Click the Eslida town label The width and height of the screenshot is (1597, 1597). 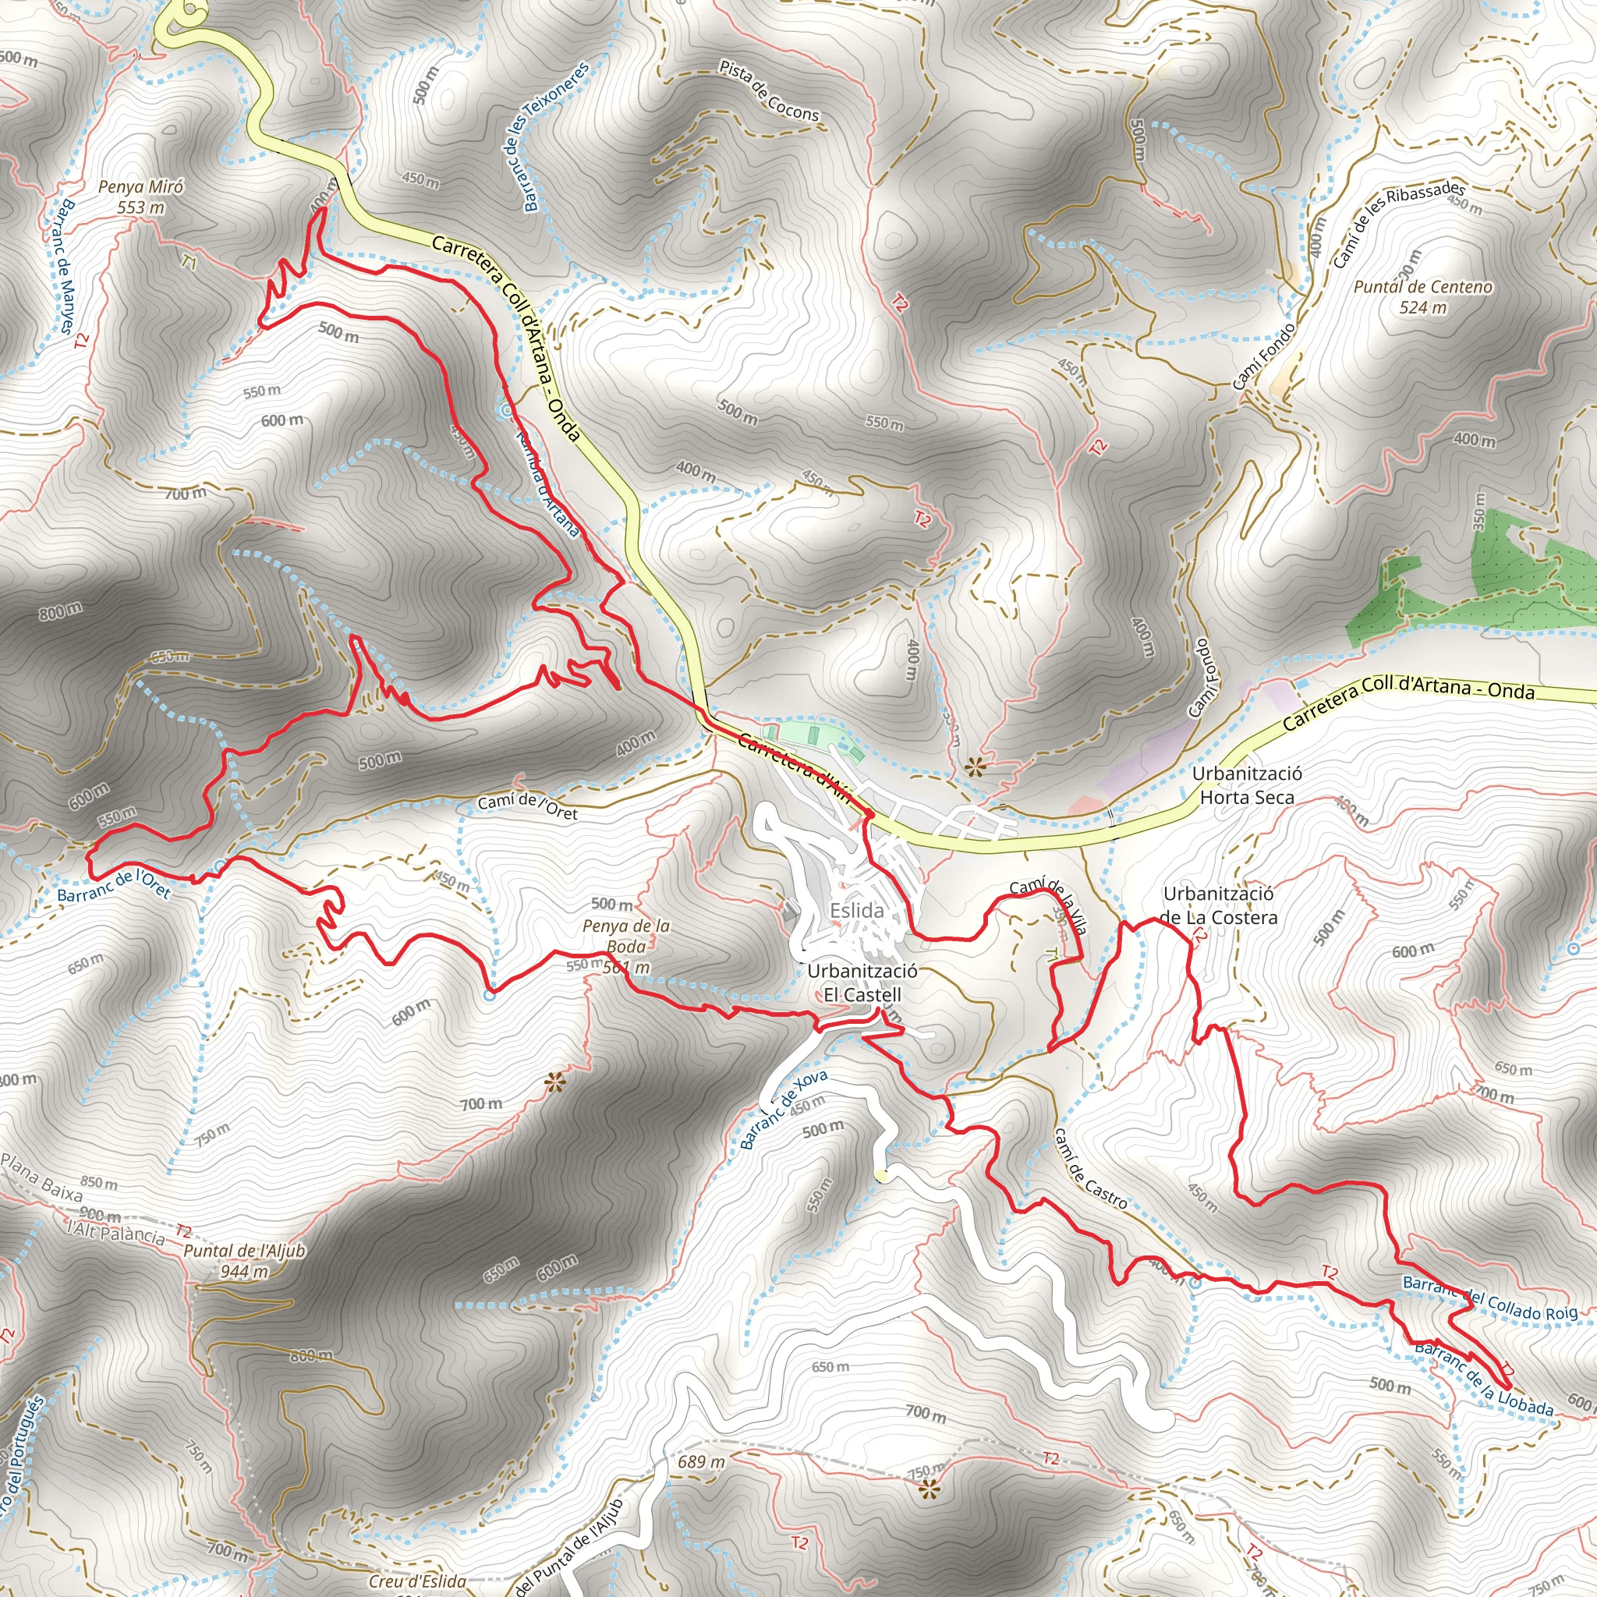coord(856,910)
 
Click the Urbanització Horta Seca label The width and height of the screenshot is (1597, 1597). coord(1247,785)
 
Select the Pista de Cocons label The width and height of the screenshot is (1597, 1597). coord(768,91)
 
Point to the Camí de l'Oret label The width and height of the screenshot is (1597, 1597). coord(527,807)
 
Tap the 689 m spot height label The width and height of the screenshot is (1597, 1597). coord(702,1461)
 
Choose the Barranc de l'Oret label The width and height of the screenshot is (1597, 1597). coord(113,883)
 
